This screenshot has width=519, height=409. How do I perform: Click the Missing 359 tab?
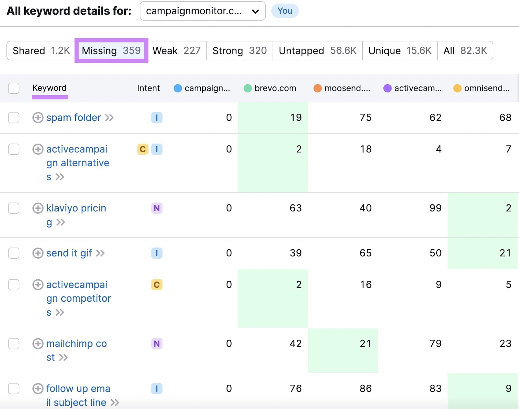pyautogui.click(x=111, y=51)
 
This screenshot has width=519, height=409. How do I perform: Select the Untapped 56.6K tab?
pyautogui.click(x=317, y=51)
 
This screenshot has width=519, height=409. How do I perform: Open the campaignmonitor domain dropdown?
pyautogui.click(x=202, y=11)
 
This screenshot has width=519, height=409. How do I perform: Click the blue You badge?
pyautogui.click(x=284, y=11)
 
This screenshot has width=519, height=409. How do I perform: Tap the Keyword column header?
pyautogui.click(x=49, y=88)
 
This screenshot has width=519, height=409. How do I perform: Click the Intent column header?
pyautogui.click(x=148, y=88)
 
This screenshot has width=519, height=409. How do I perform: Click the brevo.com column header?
pyautogui.click(x=275, y=88)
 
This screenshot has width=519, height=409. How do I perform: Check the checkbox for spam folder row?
pyautogui.click(x=14, y=118)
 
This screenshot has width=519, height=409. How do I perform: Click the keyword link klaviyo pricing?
pyautogui.click(x=76, y=208)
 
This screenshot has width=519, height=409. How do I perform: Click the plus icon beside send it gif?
pyautogui.click(x=38, y=253)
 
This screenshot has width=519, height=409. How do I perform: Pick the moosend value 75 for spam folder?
pyautogui.click(x=365, y=118)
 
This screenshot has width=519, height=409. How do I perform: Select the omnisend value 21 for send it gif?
pyautogui.click(x=505, y=253)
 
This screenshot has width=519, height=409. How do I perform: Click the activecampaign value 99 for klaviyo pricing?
pyautogui.click(x=435, y=208)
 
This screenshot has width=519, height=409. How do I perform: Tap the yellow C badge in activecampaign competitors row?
pyautogui.click(x=157, y=285)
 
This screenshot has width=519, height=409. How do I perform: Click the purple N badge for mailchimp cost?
pyautogui.click(x=157, y=344)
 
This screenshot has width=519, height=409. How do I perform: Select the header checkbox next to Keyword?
pyautogui.click(x=14, y=88)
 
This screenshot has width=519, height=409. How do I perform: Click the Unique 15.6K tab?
pyautogui.click(x=400, y=51)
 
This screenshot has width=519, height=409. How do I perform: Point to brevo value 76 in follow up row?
pyautogui.click(x=296, y=389)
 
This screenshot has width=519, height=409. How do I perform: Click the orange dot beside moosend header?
pyautogui.click(x=318, y=88)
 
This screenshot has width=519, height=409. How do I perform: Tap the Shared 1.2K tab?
pyautogui.click(x=41, y=51)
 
